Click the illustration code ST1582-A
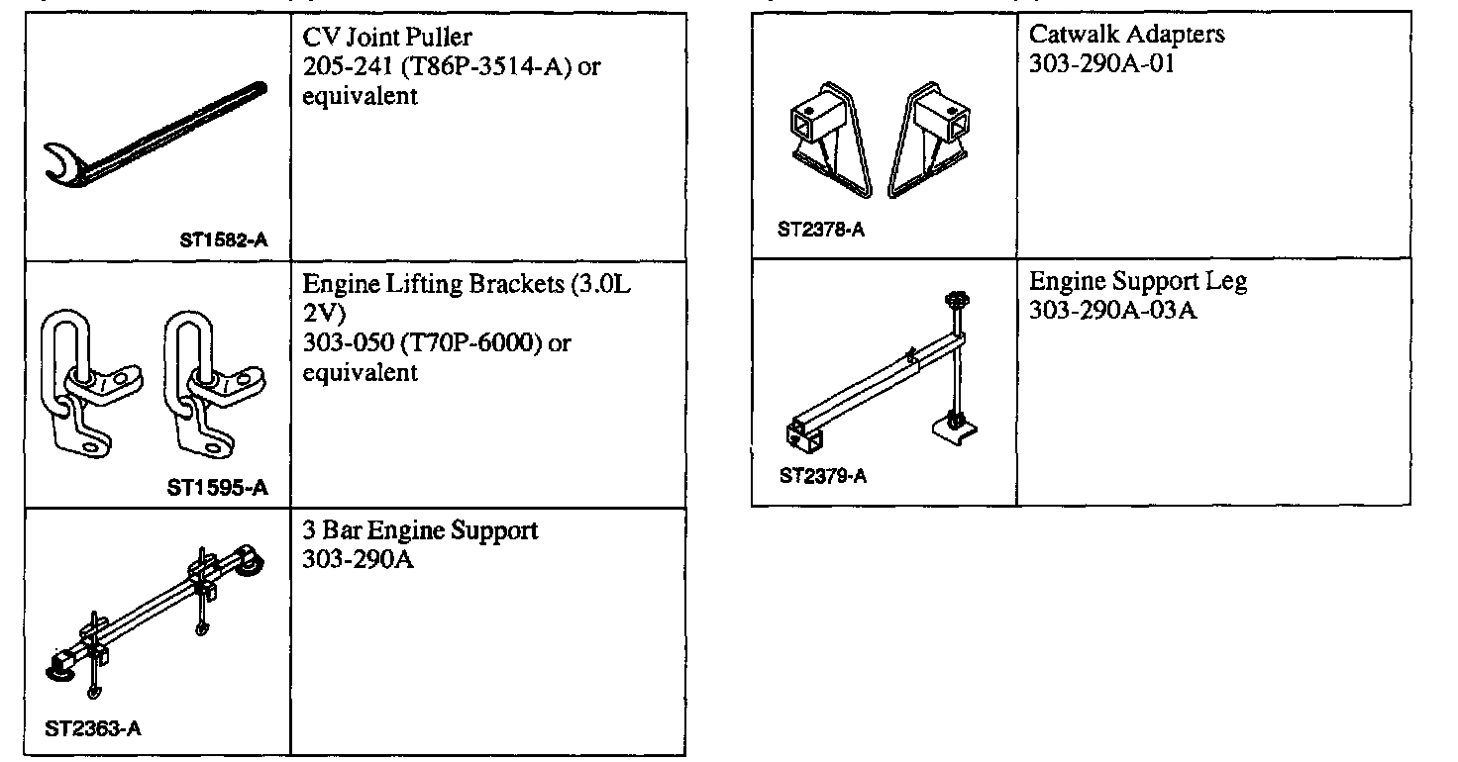tap(224, 239)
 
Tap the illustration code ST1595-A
tap(217, 487)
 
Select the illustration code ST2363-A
tap(93, 729)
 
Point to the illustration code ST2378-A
tap(821, 231)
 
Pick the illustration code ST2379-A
tap(822, 476)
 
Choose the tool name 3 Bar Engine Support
tap(420, 530)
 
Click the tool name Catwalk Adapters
tap(1126, 34)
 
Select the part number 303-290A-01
tap(1101, 62)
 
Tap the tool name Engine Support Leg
tap(1138, 281)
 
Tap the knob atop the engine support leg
tap(957, 300)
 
